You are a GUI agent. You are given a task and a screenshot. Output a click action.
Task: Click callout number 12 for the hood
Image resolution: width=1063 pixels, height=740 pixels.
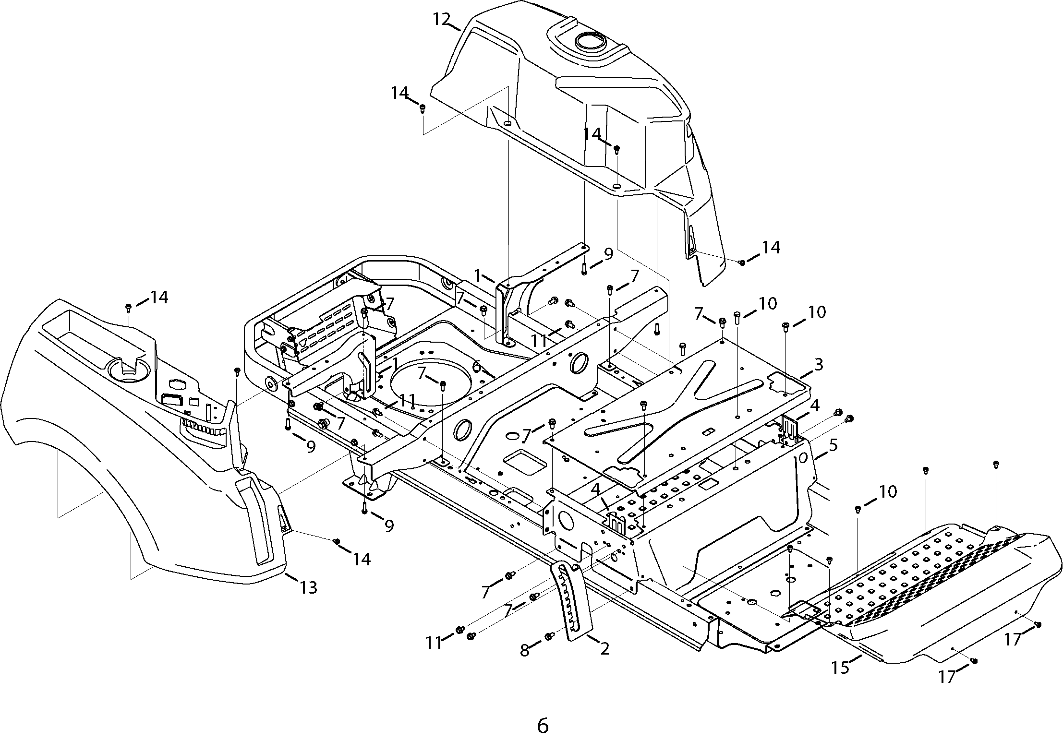(x=441, y=20)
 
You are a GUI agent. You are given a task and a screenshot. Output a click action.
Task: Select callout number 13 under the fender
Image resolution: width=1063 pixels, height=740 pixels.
(x=308, y=587)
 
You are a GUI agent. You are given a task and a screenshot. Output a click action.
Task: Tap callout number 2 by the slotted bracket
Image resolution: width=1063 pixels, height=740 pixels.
(x=604, y=649)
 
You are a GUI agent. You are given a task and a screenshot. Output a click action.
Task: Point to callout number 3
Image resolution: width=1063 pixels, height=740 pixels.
(x=818, y=364)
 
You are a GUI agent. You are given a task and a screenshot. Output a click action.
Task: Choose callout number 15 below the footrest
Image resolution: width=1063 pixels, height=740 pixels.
(x=841, y=668)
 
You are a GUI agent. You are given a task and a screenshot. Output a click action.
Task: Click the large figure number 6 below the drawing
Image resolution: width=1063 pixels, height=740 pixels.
(x=542, y=713)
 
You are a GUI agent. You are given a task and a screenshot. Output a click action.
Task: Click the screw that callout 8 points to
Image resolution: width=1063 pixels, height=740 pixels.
(x=548, y=636)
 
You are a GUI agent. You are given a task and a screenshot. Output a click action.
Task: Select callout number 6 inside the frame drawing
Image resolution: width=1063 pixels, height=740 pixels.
(x=476, y=366)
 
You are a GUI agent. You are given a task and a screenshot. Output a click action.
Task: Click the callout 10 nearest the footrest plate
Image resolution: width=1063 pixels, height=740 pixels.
(x=888, y=491)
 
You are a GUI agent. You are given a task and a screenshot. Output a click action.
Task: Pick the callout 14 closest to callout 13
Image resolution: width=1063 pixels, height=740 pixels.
(x=362, y=559)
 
